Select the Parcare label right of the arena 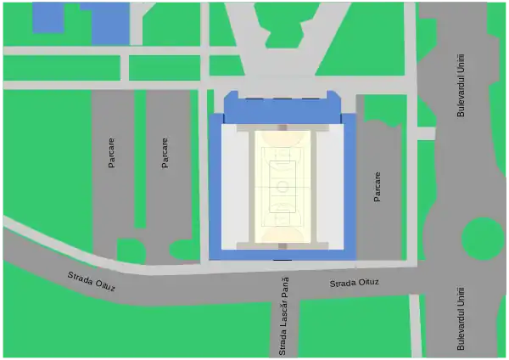pos(378,187)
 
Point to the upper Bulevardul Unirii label pos(461,85)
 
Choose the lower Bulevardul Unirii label pos(461,318)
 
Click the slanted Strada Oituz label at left pos(91,282)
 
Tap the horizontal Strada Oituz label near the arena pos(355,283)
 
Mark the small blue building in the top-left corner pos(48,17)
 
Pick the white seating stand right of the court pos(329,187)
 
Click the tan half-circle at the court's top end pos(282,136)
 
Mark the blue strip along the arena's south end pos(282,255)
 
